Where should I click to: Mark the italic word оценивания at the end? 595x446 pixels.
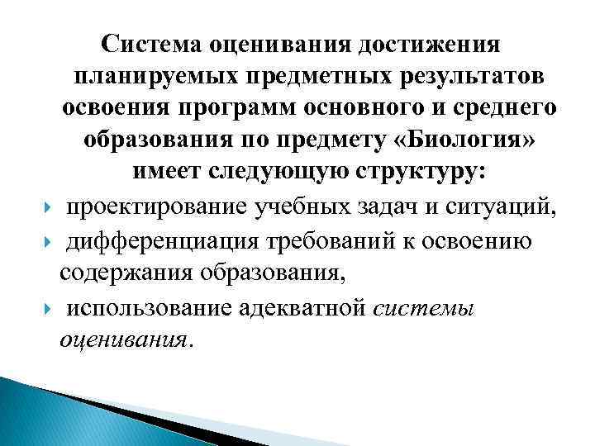(x=123, y=340)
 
